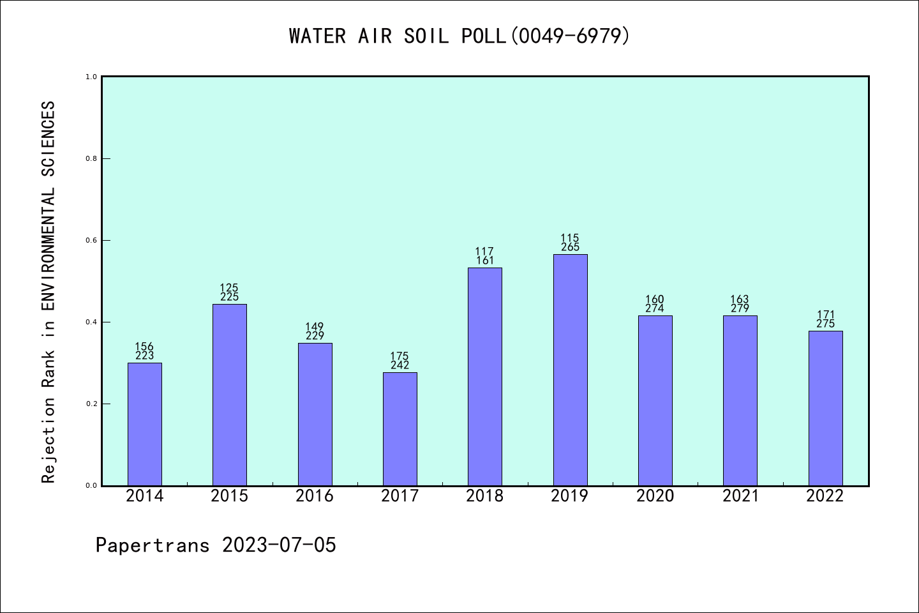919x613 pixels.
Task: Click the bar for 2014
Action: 145,424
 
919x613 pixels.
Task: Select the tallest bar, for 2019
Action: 570,370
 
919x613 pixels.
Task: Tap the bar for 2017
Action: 400,428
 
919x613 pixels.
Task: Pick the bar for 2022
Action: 825,408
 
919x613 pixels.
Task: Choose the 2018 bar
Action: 485,377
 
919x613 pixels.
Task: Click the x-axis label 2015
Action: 230,496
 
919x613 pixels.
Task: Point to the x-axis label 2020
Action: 655,496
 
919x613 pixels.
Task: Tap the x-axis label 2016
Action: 315,496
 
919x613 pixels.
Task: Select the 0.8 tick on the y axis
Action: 91,158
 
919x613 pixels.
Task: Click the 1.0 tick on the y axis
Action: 91,77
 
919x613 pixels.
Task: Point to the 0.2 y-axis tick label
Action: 91,404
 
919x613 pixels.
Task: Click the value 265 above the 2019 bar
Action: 570,247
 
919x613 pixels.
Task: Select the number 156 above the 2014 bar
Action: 145,347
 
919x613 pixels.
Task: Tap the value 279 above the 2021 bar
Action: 740,308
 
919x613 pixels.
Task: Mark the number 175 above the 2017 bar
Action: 400,356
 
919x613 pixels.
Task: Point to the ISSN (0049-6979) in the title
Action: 570,36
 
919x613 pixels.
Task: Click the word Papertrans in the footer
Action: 153,545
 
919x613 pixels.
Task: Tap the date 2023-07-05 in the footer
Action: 279,545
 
